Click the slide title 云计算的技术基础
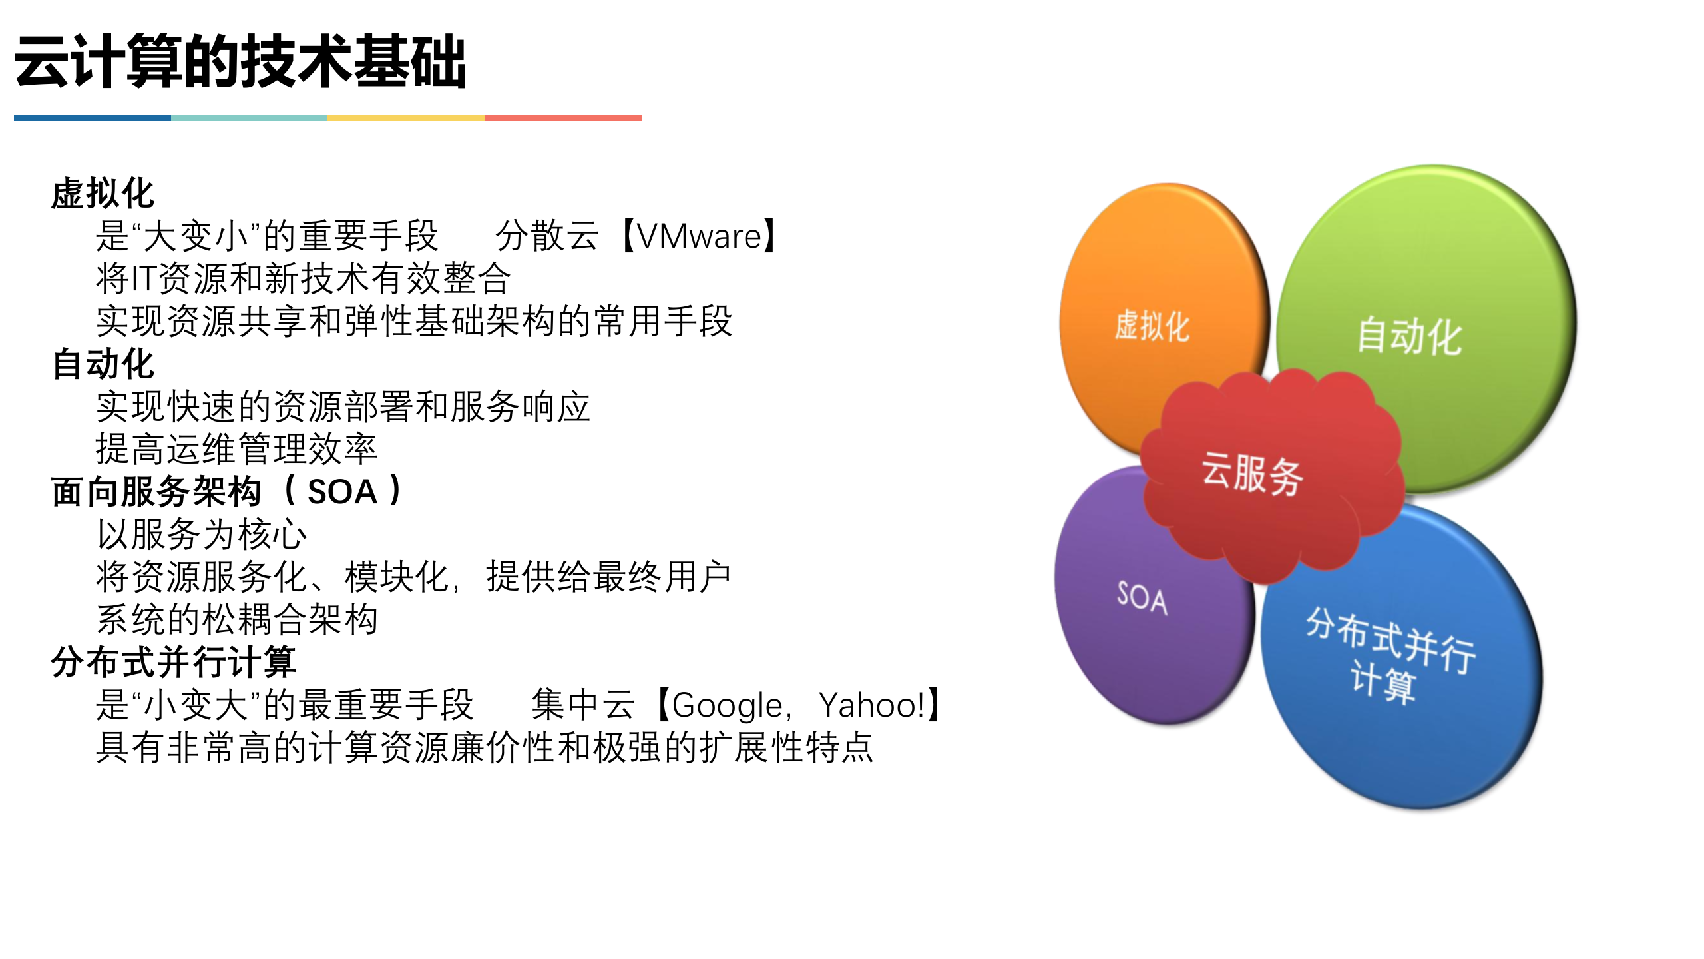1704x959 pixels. click(x=240, y=61)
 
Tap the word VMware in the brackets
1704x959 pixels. click(x=699, y=236)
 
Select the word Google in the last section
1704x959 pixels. click(x=727, y=705)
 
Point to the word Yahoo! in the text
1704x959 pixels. click(x=872, y=705)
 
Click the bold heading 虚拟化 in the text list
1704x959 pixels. click(x=103, y=194)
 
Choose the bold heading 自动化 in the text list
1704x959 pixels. click(x=103, y=364)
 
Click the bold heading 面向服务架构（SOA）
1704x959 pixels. click(x=226, y=492)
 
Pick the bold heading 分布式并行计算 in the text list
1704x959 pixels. click(x=173, y=662)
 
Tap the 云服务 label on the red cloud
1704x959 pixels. click(x=1251, y=474)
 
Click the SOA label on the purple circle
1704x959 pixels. click(x=1142, y=597)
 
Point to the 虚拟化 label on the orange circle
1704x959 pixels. click(x=1152, y=326)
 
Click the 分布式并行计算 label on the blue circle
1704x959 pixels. click(x=1388, y=656)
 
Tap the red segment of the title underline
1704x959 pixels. click(x=562, y=119)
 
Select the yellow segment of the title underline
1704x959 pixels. click(x=405, y=119)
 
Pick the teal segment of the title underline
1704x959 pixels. click(x=249, y=119)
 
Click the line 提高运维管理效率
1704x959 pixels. click(x=236, y=449)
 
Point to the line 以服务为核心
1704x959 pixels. click(x=201, y=534)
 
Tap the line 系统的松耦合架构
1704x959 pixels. click(x=236, y=619)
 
